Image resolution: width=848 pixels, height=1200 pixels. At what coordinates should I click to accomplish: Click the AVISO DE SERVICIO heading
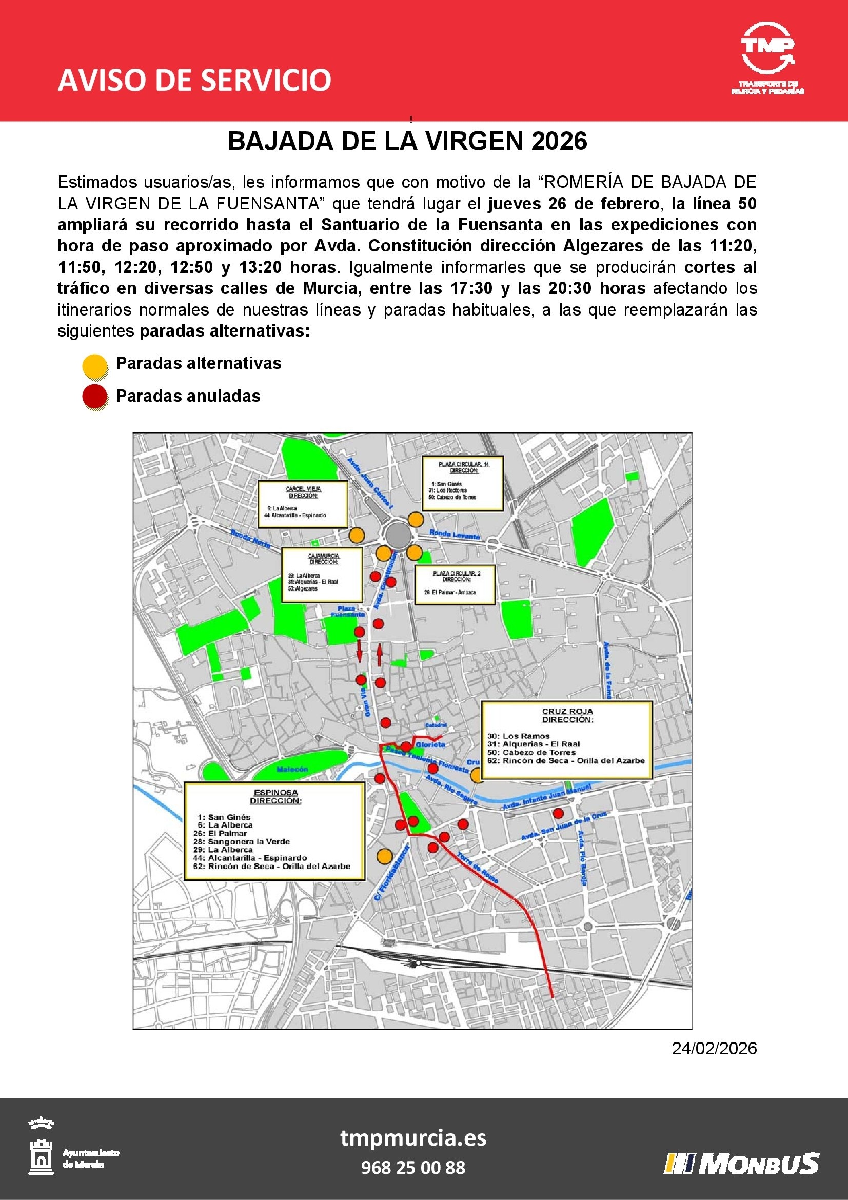[x=194, y=80]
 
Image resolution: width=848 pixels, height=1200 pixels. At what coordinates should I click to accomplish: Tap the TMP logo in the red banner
[x=767, y=57]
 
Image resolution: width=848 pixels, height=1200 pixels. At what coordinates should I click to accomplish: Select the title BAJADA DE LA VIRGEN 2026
[x=407, y=141]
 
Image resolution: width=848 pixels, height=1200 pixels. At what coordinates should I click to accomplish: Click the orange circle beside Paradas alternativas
[x=95, y=366]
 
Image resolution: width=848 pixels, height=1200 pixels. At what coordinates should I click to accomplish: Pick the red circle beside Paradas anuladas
[x=95, y=397]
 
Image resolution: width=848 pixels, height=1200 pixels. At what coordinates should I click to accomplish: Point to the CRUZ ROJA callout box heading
[x=567, y=715]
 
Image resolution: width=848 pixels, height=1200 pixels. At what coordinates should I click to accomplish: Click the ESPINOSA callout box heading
[x=275, y=797]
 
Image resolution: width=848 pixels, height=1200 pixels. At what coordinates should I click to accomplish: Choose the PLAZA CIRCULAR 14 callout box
[x=463, y=483]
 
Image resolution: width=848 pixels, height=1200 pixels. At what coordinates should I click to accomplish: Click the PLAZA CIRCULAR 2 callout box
[x=455, y=585]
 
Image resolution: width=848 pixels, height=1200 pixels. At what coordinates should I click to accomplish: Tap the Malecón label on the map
[x=292, y=769]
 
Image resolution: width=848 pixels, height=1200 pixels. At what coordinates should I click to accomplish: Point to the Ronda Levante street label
[x=454, y=535]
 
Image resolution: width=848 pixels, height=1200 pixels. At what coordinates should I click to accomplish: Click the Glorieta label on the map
[x=430, y=745]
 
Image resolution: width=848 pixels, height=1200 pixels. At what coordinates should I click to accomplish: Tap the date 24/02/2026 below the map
[x=714, y=1048]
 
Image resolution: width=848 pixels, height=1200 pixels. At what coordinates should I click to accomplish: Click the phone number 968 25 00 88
[x=413, y=1167]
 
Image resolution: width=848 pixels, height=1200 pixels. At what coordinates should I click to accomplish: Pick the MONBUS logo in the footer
[x=741, y=1163]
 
